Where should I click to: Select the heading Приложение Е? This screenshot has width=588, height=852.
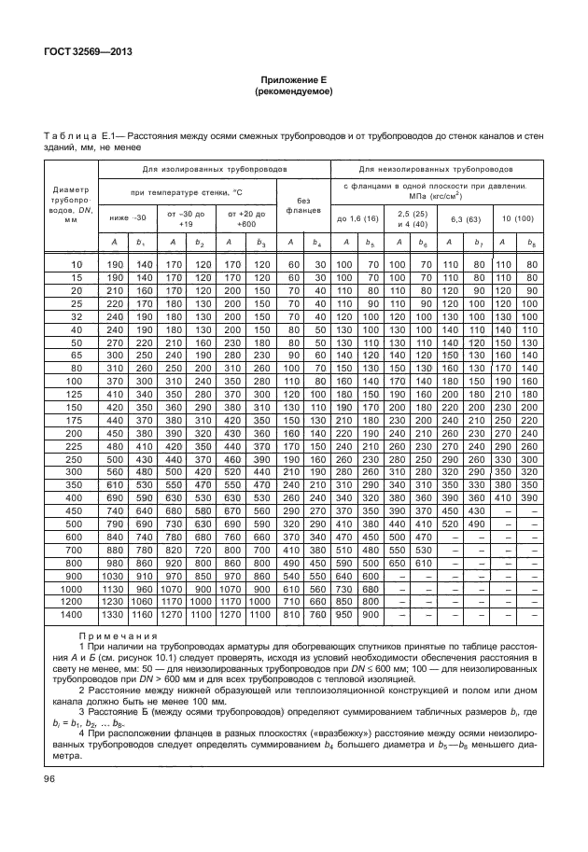pos(293,81)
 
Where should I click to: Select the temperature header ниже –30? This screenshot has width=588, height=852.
pos(128,218)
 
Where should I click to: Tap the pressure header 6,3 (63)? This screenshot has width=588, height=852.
pos(465,218)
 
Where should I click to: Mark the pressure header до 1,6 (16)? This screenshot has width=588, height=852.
pos(357,218)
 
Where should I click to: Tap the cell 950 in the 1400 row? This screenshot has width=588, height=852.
pos(345,616)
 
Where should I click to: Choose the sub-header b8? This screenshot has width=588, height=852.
pos(532,244)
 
